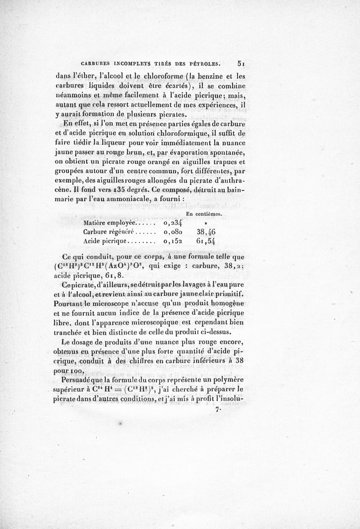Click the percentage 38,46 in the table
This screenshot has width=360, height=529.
[206, 232]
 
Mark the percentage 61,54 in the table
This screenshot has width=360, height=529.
[206, 241]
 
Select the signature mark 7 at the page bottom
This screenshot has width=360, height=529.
[218, 409]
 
